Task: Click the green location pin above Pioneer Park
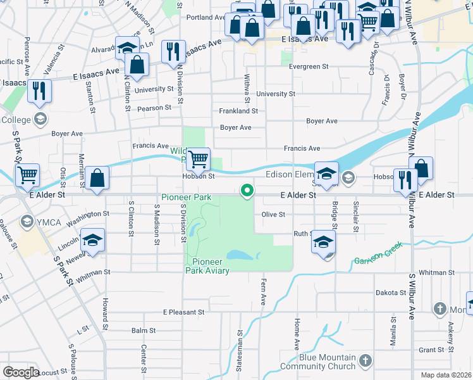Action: tap(247, 190)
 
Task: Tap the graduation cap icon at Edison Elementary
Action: tap(326, 174)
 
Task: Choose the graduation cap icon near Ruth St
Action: tap(323, 242)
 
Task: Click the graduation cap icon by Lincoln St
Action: tap(92, 241)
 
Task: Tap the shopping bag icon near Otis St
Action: tap(97, 179)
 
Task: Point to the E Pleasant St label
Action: tap(183, 312)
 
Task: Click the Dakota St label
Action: tap(390, 293)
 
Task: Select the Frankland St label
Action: tap(238, 111)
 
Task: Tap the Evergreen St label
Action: tap(309, 66)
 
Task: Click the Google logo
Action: tap(21, 372)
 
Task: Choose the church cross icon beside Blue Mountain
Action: tap(365, 361)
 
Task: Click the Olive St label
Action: tap(273, 215)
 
